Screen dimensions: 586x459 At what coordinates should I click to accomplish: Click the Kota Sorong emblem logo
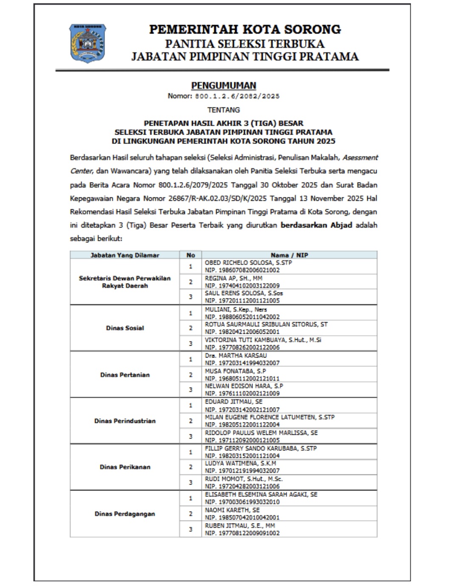[x=88, y=43]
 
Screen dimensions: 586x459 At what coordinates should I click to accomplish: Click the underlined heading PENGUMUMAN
[x=224, y=85]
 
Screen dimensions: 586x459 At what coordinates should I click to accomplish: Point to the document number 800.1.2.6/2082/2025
[x=237, y=96]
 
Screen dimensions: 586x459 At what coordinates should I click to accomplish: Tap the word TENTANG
[x=224, y=110]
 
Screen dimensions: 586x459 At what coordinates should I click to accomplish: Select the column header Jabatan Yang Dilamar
[x=125, y=255]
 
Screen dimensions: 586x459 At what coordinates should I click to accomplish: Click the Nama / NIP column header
[x=289, y=255]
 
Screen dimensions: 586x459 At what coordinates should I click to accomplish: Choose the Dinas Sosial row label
[x=125, y=328]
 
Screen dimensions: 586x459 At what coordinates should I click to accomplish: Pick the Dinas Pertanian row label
[x=125, y=375]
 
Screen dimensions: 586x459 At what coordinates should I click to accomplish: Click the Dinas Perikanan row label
[x=125, y=467]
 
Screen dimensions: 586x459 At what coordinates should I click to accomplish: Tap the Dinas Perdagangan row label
[x=125, y=514]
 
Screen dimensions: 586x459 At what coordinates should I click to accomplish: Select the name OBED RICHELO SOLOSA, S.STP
[x=248, y=263]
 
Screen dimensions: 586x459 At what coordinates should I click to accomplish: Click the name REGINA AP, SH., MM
[x=233, y=279]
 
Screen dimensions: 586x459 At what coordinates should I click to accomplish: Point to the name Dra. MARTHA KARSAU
[x=236, y=355]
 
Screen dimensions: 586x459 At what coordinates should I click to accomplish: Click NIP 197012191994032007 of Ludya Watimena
[x=242, y=471]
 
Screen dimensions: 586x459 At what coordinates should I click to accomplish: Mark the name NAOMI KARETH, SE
[x=232, y=510]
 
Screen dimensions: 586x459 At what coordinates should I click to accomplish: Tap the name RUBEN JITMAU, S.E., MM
[x=240, y=526]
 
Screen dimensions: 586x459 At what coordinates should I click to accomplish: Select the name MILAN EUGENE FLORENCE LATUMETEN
[x=269, y=417]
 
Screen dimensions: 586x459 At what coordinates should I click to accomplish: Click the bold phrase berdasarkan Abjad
[x=316, y=225]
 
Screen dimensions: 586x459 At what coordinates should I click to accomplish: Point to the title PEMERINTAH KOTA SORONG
[x=245, y=29]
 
